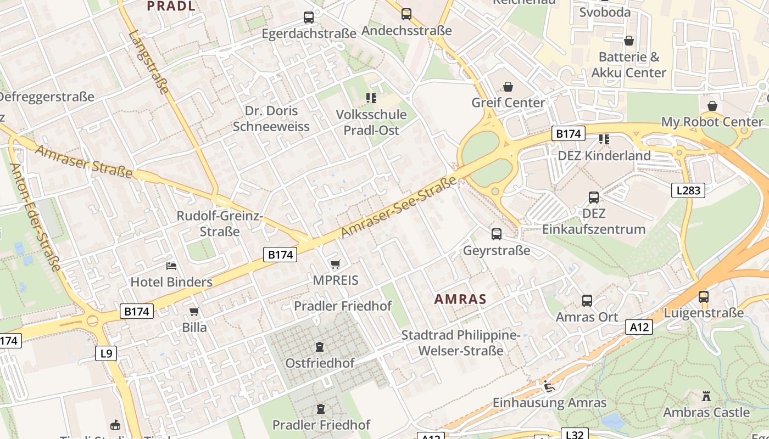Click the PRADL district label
coord(171,6)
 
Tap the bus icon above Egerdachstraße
coord(309,18)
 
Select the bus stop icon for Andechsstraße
coord(406,14)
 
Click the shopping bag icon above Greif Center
coord(508,87)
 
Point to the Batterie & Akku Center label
coord(628,65)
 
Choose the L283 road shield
coord(688,190)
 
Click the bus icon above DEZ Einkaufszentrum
coord(594,198)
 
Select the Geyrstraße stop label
coord(497,251)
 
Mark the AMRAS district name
coord(460,299)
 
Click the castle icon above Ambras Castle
coord(706,396)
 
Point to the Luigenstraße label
coord(704,313)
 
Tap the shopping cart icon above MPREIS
coord(336,264)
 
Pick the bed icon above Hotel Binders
coord(171,267)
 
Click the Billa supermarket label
coord(194,328)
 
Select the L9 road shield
coord(107,353)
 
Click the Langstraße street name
coord(149,62)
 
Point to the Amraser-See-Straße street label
coord(399,207)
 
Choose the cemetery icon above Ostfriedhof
coord(320,347)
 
